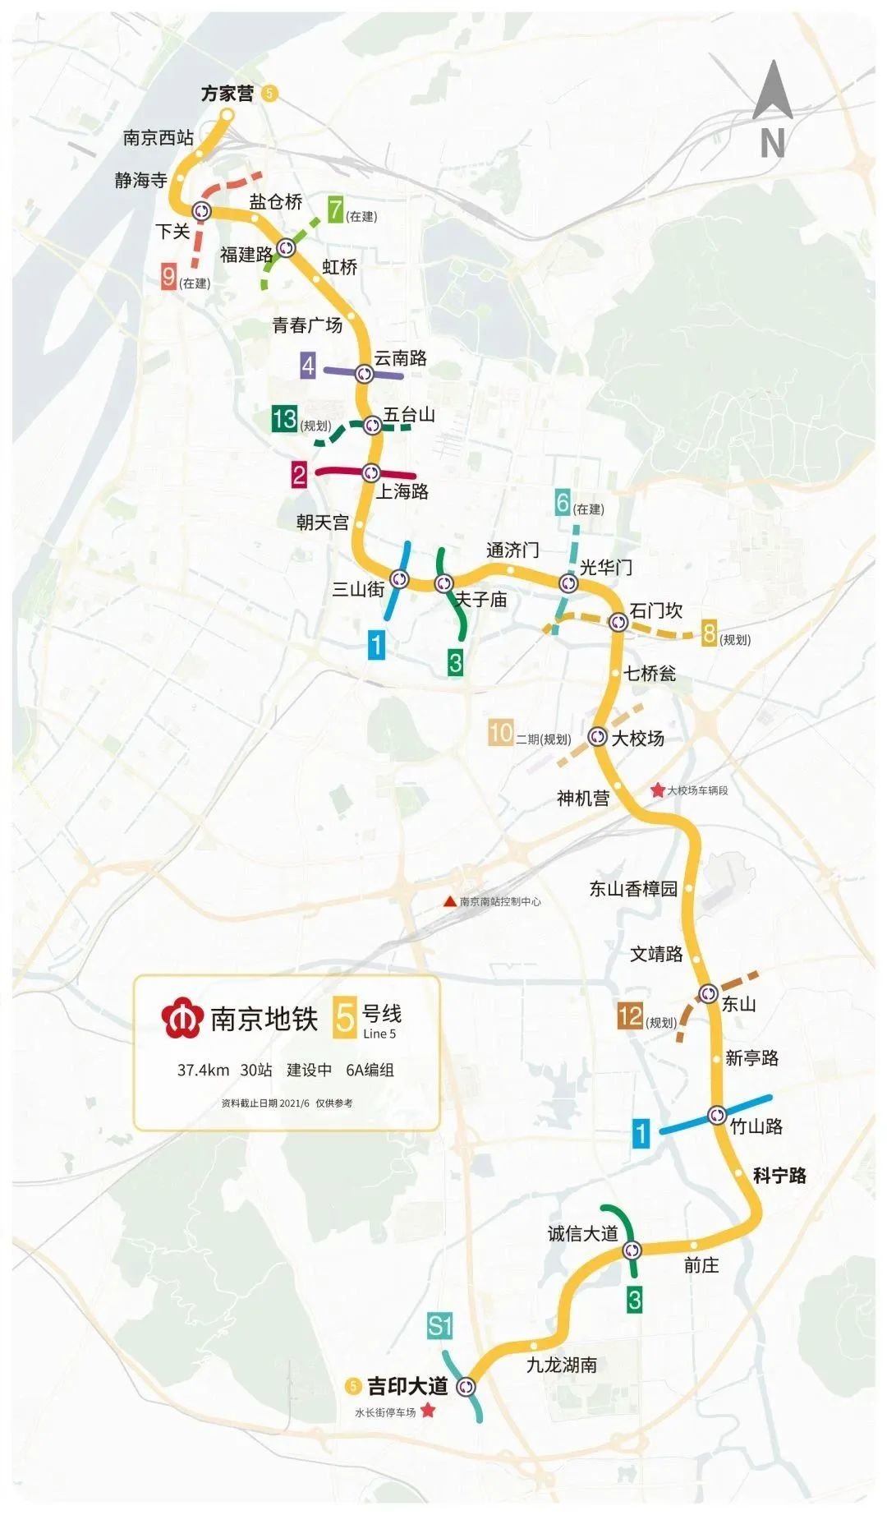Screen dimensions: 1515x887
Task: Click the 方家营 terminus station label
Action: click(227, 94)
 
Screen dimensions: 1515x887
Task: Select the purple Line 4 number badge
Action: click(308, 365)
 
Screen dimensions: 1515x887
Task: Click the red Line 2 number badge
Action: click(299, 474)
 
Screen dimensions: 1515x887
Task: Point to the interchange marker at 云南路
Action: click(364, 374)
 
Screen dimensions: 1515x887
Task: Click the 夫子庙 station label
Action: click(482, 600)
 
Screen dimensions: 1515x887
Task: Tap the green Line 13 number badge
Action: click(284, 419)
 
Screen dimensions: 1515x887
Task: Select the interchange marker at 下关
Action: click(201, 211)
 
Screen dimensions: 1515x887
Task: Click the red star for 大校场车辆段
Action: click(657, 790)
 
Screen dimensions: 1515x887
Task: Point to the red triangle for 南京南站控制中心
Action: click(449, 901)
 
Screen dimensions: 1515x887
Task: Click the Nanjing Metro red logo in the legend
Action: click(182, 1019)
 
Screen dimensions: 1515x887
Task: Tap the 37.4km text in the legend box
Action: click(203, 1070)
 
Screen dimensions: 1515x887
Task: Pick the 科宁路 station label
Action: click(779, 1176)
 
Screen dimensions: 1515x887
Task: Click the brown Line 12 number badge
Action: click(630, 1016)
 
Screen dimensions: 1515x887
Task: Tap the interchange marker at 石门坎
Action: click(618, 622)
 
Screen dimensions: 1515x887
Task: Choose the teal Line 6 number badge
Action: click(563, 502)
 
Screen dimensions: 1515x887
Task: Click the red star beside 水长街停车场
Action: click(428, 1411)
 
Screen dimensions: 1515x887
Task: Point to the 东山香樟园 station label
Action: click(633, 889)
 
